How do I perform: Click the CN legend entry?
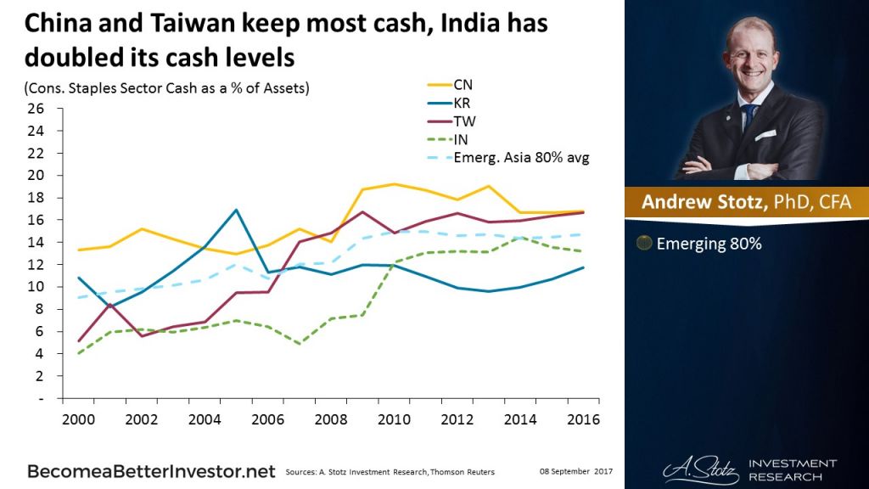[x=463, y=84]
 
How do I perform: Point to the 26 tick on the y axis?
[x=36, y=109]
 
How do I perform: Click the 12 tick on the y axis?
[x=36, y=265]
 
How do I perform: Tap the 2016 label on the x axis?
[x=582, y=419]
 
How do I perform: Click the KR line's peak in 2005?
[x=236, y=210]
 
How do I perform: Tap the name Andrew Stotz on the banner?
[x=698, y=203]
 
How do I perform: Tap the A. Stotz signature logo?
[x=689, y=468]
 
